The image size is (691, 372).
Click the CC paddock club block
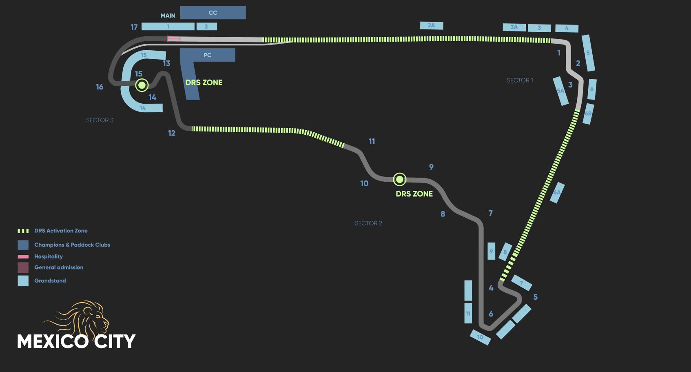click(x=213, y=13)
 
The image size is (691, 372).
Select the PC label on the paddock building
click(x=207, y=55)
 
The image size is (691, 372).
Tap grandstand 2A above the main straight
click(x=431, y=26)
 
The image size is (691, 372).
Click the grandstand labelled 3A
click(x=514, y=27)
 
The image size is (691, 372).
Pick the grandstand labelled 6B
click(x=588, y=114)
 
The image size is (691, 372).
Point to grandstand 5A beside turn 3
click(x=560, y=91)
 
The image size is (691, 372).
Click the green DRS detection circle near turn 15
click(x=142, y=85)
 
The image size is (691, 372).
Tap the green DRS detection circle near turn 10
click(x=399, y=179)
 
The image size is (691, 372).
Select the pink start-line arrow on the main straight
click(x=174, y=39)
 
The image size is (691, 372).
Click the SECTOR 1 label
click(x=520, y=80)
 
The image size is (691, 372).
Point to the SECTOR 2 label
click(x=368, y=223)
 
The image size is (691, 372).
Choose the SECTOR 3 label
click(x=100, y=120)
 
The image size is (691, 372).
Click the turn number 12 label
click(x=172, y=133)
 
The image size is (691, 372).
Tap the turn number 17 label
click(x=134, y=27)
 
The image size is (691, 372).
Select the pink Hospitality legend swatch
click(x=23, y=256)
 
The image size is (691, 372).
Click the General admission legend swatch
click(x=23, y=267)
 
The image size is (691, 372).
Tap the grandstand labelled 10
click(x=480, y=337)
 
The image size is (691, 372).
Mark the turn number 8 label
click(x=443, y=214)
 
